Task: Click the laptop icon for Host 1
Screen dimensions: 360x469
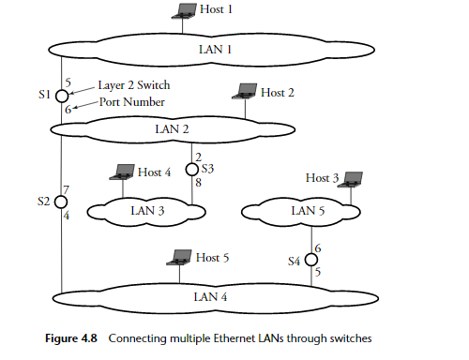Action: pos(182,12)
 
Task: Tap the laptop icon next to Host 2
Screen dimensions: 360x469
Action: pos(247,92)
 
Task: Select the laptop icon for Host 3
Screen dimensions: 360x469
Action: pos(352,178)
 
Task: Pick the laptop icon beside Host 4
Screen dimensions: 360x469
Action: pos(122,172)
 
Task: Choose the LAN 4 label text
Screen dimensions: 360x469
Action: pos(211,297)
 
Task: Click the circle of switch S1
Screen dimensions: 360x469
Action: pos(61,96)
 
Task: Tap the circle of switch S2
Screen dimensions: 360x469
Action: pos(61,202)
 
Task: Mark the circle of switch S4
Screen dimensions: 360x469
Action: pos(312,260)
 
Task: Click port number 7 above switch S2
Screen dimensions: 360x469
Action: pos(66,189)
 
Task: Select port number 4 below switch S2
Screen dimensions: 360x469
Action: pos(66,216)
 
